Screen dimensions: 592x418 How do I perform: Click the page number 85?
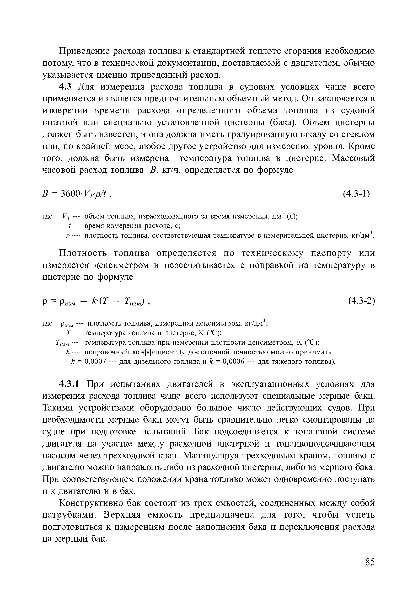click(x=370, y=562)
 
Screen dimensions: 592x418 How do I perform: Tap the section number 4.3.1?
click(x=70, y=384)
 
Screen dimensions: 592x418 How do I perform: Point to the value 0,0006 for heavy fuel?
click(x=233, y=362)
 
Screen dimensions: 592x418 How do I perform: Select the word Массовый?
click(x=353, y=158)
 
